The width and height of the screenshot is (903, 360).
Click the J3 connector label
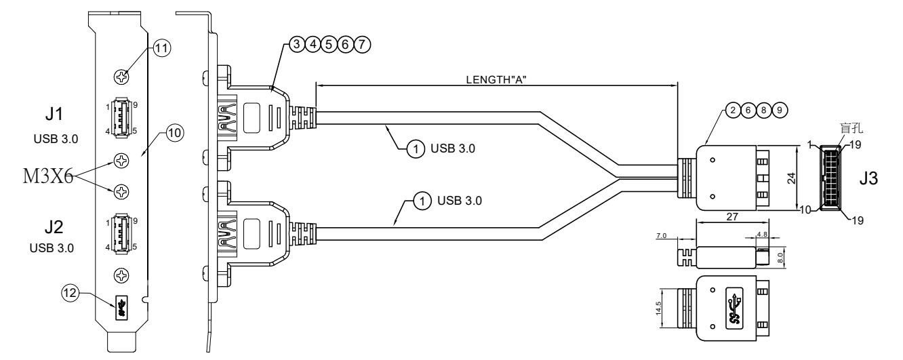[x=870, y=180]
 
